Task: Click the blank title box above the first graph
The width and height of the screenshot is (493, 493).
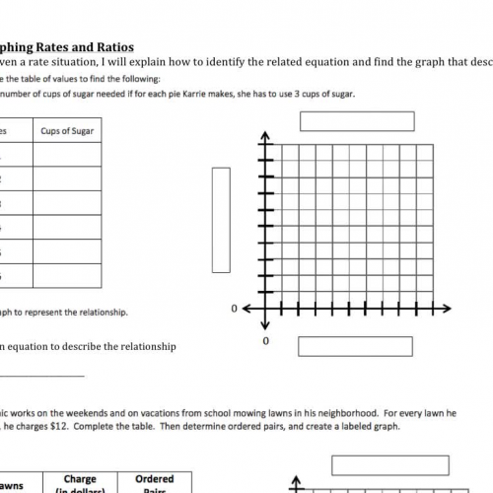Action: (358, 120)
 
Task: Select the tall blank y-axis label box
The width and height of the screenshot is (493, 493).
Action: (221, 219)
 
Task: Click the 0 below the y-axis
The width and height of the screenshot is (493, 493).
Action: (264, 341)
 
